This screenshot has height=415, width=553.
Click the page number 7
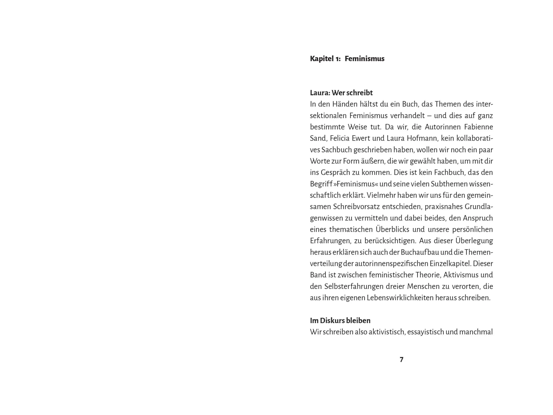(401, 359)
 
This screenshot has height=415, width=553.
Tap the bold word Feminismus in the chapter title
(364, 59)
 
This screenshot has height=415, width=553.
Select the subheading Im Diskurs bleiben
(340, 320)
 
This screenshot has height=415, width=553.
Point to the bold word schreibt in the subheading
(360, 93)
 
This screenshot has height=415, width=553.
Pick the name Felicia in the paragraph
(340, 138)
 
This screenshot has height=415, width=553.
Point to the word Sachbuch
(337, 150)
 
